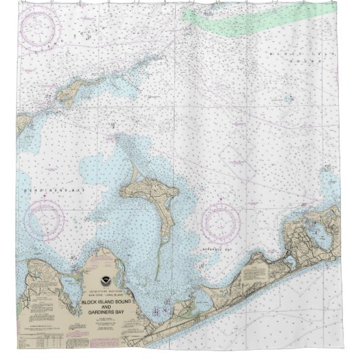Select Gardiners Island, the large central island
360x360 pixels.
pyautogui.click(x=146, y=190)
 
